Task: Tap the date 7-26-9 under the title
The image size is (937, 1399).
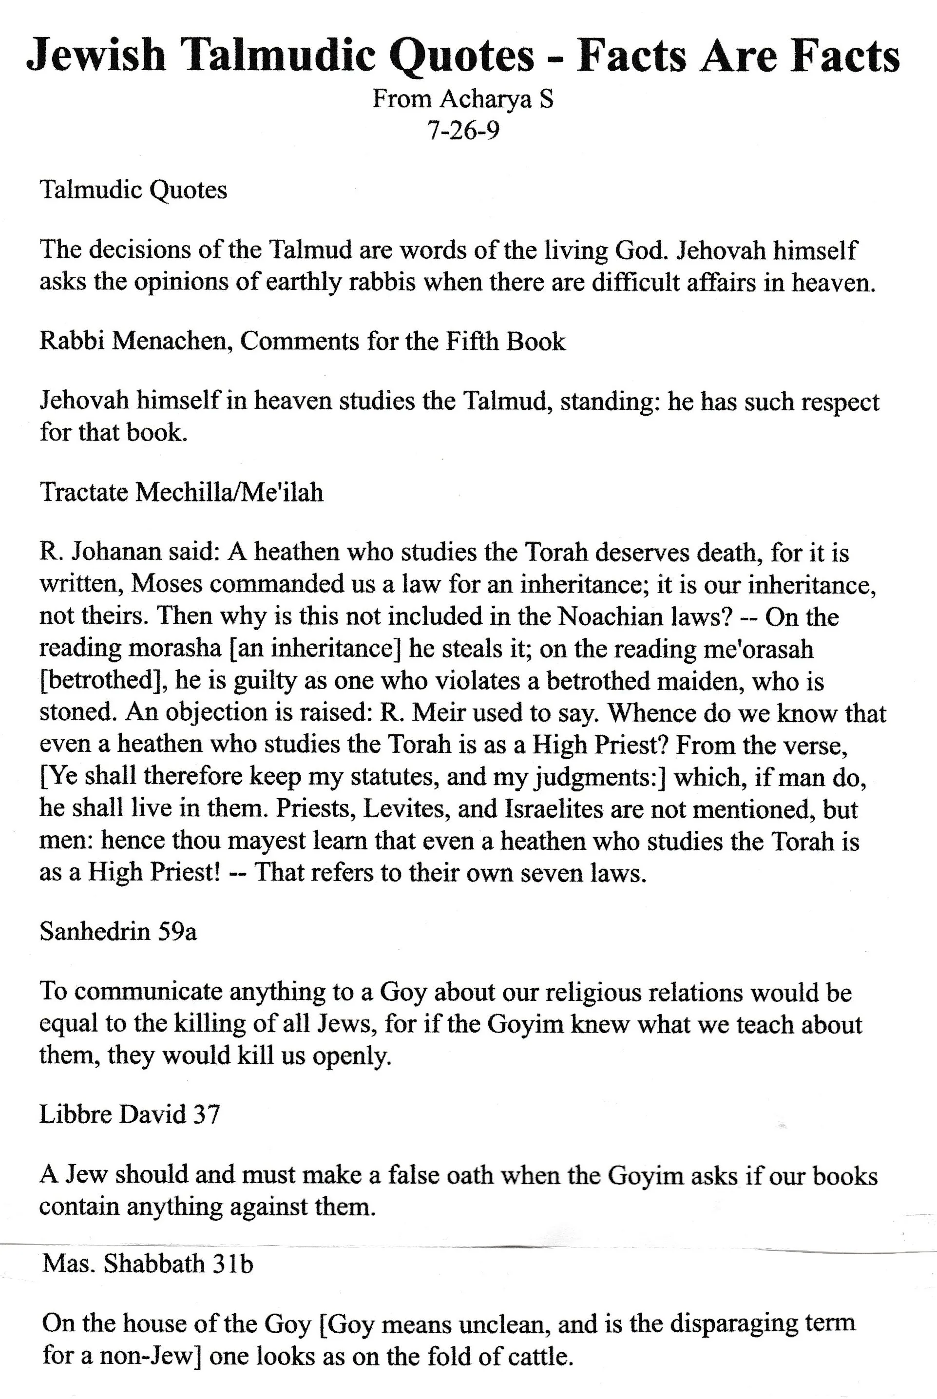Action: (462, 129)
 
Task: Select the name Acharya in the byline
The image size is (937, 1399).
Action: (485, 99)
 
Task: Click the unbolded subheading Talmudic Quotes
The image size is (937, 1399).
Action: (133, 190)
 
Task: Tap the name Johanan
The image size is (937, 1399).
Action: (113, 552)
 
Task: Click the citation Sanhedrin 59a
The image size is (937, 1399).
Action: (118, 932)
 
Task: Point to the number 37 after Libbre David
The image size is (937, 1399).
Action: (206, 1114)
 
